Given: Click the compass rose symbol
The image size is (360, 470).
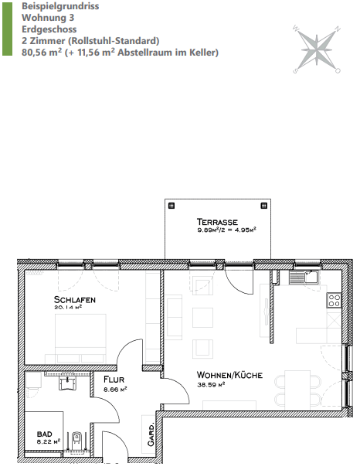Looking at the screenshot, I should pyautogui.click(x=319, y=46).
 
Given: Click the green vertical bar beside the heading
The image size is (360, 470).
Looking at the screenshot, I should pyautogui.click(x=5, y=29).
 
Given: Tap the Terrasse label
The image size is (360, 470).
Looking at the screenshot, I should pyautogui.click(x=217, y=221).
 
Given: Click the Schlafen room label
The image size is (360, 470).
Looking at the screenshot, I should pyautogui.click(x=75, y=299).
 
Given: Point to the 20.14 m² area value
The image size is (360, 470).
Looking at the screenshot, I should pyautogui.click(x=68, y=308).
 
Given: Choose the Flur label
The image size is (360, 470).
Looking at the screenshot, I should pyautogui.click(x=114, y=380).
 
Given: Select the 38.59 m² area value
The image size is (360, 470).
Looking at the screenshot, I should pyautogui.click(x=210, y=384).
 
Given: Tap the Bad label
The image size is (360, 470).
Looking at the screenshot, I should pyautogui.click(x=45, y=434).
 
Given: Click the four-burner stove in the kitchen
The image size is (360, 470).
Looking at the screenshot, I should pyautogui.click(x=334, y=301).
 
